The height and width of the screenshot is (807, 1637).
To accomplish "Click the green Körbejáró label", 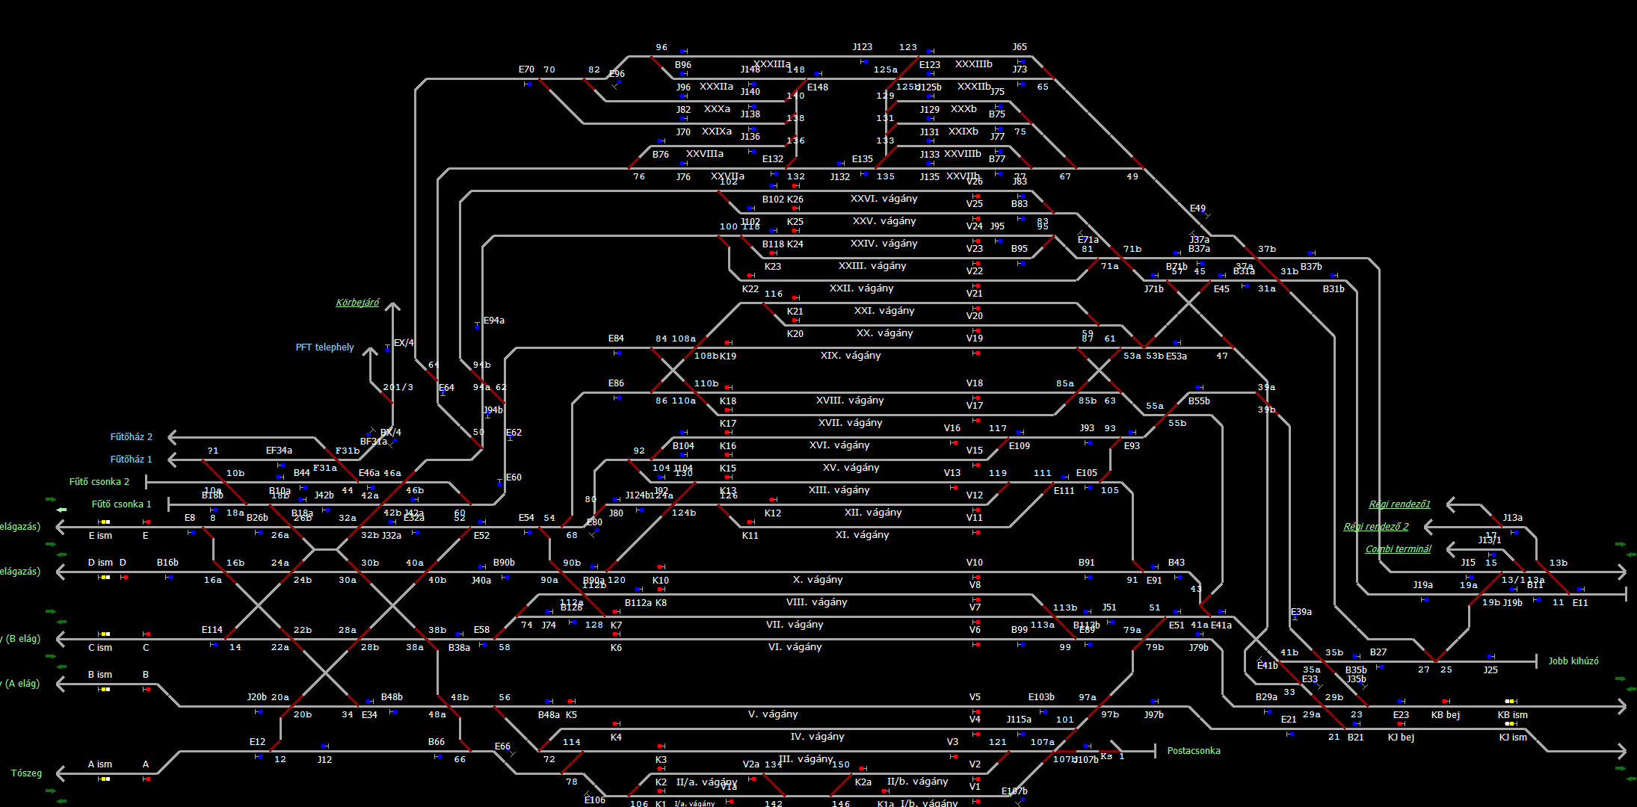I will [357, 303].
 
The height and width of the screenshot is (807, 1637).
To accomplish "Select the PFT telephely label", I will [324, 347].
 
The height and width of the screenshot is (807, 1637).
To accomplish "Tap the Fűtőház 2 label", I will [131, 437].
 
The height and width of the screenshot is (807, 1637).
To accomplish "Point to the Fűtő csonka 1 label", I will [121, 504].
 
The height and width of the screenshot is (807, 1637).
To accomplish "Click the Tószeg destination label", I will [26, 773].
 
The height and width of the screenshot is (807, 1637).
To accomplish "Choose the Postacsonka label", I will [1193, 751].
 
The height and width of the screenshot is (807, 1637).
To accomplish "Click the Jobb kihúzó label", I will [1573, 661].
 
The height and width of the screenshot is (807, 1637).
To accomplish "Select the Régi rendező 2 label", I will [1375, 527].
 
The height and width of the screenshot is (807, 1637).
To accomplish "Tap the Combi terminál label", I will [1398, 549].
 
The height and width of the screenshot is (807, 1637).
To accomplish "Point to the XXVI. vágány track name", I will [884, 199].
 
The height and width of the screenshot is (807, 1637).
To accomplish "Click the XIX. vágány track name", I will [851, 356].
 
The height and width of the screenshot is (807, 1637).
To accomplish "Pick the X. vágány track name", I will [818, 580].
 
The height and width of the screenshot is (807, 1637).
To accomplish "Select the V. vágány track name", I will [773, 714].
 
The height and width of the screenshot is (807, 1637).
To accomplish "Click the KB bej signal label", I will [1445, 715].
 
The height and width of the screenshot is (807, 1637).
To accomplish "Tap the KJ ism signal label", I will [1513, 738].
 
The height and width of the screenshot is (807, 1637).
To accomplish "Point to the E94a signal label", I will [493, 321].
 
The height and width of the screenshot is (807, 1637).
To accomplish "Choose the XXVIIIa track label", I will [704, 154].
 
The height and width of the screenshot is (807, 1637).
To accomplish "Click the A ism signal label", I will [99, 764].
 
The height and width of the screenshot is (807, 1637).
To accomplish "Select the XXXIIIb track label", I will [973, 64].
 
